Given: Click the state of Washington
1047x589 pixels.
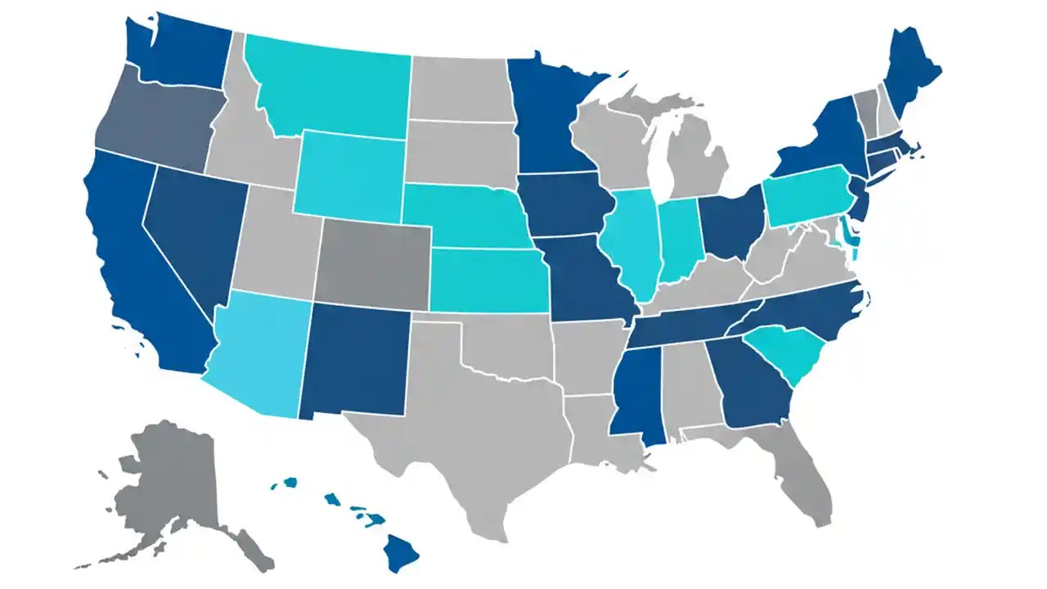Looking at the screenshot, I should point(176,53).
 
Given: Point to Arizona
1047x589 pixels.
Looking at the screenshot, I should point(258,352).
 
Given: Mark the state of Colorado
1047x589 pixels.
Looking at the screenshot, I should point(372,262).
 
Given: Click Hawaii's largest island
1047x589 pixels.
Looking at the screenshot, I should point(402,553).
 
